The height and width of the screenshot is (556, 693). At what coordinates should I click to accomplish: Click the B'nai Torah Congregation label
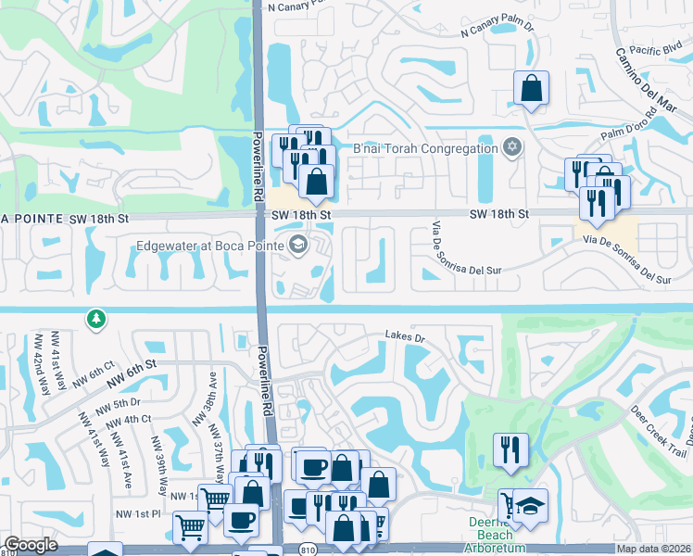click(x=425, y=149)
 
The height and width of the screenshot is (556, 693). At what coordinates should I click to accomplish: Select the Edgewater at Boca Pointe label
click(x=210, y=246)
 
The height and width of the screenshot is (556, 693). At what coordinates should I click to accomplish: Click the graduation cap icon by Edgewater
click(x=298, y=246)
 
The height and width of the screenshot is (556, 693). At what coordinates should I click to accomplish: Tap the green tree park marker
click(x=95, y=319)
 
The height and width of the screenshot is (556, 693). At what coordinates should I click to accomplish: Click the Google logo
click(x=31, y=546)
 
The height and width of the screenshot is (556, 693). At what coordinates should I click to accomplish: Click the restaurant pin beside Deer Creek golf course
click(x=510, y=450)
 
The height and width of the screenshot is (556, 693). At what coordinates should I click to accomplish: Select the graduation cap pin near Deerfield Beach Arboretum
click(x=532, y=506)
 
